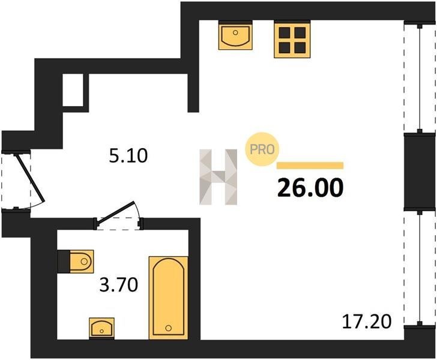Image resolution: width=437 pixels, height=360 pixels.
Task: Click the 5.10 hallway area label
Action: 128,156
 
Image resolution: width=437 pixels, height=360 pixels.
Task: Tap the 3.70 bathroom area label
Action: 119,285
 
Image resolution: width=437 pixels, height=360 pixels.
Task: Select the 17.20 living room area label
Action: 367,321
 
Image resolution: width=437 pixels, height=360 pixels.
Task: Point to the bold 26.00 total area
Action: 310,187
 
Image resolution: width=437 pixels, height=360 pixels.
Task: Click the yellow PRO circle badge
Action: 262,149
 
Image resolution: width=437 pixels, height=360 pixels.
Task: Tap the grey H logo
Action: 218,177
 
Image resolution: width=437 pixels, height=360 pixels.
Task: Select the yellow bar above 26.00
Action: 310,166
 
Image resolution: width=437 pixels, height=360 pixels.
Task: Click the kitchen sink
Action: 235,35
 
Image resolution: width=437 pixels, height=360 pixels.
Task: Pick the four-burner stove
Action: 292,40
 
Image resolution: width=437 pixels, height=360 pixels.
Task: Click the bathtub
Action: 168,298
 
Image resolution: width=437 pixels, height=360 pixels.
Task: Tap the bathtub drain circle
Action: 168,328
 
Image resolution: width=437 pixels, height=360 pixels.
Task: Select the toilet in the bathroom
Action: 76,262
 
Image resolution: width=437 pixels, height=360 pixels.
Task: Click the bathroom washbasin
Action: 101,328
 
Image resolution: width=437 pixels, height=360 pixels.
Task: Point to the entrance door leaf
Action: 30,177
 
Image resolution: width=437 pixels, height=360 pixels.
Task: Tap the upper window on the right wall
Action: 420,78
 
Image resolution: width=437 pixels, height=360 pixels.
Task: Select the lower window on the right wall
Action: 420,268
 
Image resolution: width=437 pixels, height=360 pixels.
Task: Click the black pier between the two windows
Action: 420,172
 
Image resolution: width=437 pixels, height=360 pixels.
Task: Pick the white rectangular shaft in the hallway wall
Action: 73,90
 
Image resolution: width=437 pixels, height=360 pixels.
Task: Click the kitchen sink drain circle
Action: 235,32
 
